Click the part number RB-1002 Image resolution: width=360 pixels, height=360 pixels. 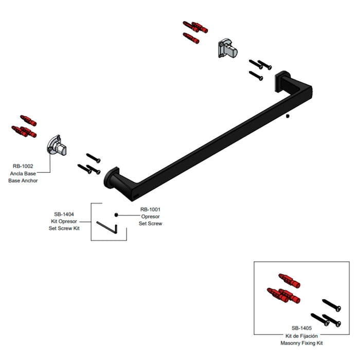[23, 166]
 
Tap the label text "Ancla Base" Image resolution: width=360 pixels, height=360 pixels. [23, 173]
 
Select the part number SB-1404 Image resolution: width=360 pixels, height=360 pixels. [64, 214]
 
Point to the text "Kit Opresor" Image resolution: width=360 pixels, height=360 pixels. [64, 221]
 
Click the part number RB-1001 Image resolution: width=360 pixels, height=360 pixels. [150, 209]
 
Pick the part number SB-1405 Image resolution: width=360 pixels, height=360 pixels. [302, 328]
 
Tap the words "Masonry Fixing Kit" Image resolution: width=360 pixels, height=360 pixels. [302, 343]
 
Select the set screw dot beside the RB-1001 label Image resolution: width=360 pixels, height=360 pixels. [116, 215]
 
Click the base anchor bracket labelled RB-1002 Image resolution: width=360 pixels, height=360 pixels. [57, 145]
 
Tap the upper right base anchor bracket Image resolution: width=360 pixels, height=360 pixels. [227, 48]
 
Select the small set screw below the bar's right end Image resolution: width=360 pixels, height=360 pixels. [287, 116]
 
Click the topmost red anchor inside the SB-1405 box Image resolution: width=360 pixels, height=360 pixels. [289, 281]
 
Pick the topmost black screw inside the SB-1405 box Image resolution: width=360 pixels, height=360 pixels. [332, 305]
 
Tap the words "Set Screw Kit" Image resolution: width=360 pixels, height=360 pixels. [64, 228]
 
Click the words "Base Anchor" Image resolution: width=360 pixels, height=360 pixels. [23, 181]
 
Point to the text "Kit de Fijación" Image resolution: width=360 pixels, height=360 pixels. [302, 336]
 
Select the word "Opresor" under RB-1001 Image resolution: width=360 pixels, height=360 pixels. [150, 217]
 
